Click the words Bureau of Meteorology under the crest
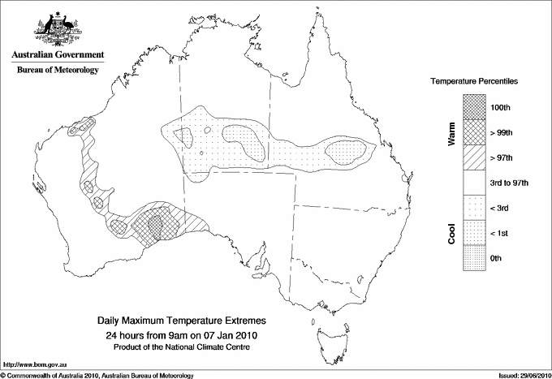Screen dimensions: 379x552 58,71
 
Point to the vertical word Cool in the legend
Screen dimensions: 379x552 451,233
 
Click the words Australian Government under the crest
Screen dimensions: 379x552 58,55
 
